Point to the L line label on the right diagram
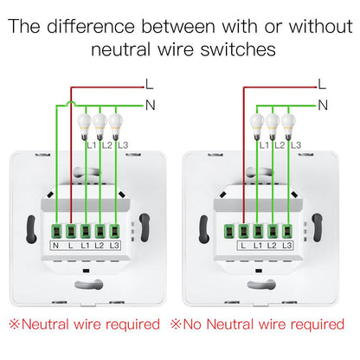coord(322,83)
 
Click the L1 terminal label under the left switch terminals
coord(86,247)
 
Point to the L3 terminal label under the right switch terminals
coord(291,247)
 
